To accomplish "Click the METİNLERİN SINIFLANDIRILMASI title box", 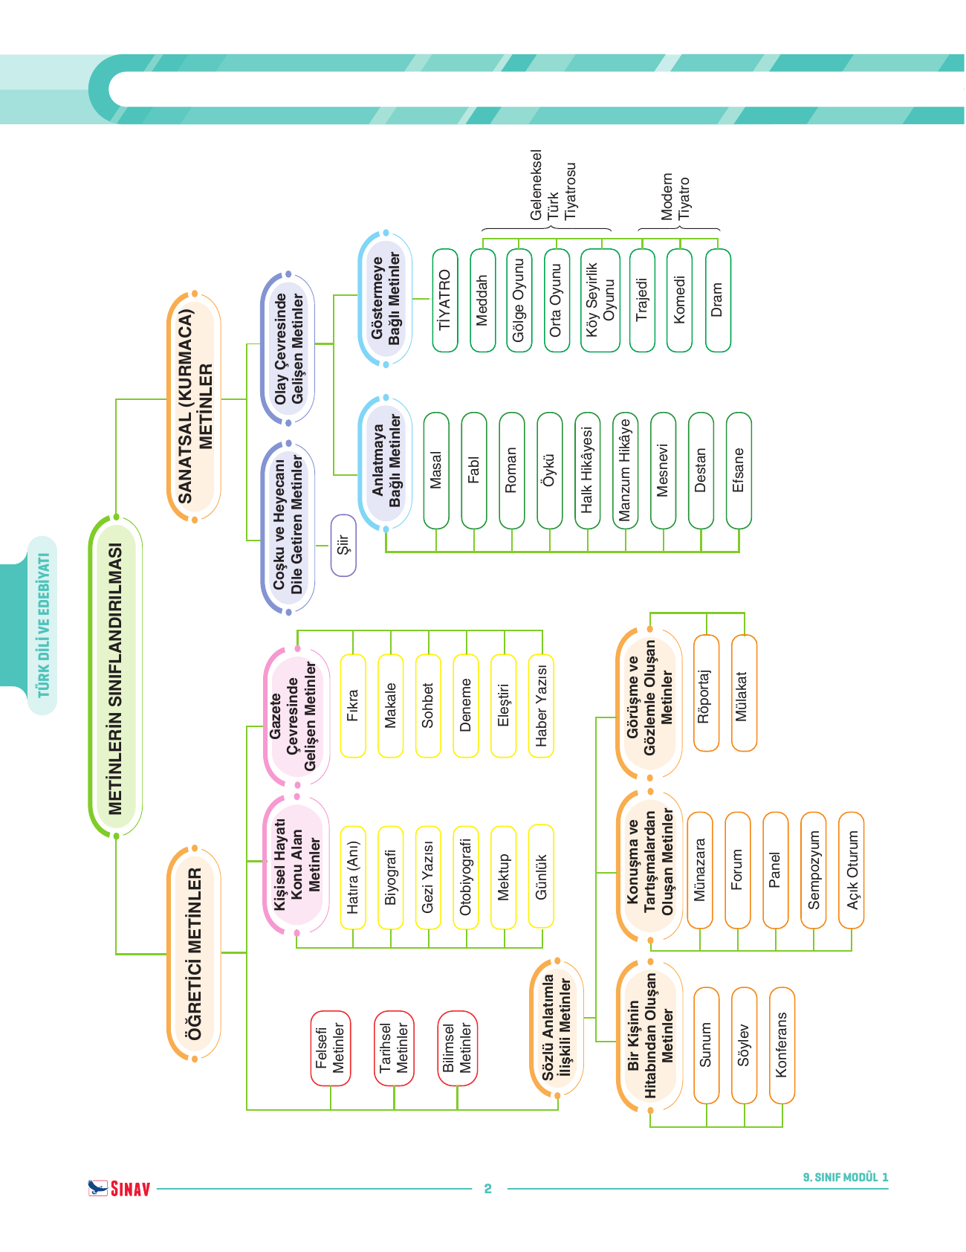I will click(x=115, y=677).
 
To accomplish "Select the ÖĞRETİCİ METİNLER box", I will click(x=194, y=953).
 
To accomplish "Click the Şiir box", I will click(x=343, y=545).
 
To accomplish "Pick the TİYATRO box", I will click(x=445, y=300).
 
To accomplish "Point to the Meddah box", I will click(x=483, y=300).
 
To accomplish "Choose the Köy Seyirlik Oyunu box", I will click(x=600, y=300).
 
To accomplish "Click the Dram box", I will click(x=718, y=300).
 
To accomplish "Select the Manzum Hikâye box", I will click(x=626, y=471).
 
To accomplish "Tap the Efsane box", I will click(x=739, y=471).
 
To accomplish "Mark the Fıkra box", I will click(x=353, y=706).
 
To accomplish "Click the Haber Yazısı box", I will click(x=541, y=706).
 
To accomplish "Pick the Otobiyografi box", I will click(x=466, y=877).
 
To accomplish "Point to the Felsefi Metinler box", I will click(x=330, y=1048).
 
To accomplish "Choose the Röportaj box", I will click(x=706, y=693).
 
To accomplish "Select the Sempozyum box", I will click(x=814, y=870).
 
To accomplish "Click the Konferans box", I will click(x=782, y=1045).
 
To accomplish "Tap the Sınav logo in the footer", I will click(x=119, y=1188).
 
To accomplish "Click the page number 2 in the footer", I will click(x=488, y=1189).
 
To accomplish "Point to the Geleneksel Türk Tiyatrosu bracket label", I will click(x=553, y=186).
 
